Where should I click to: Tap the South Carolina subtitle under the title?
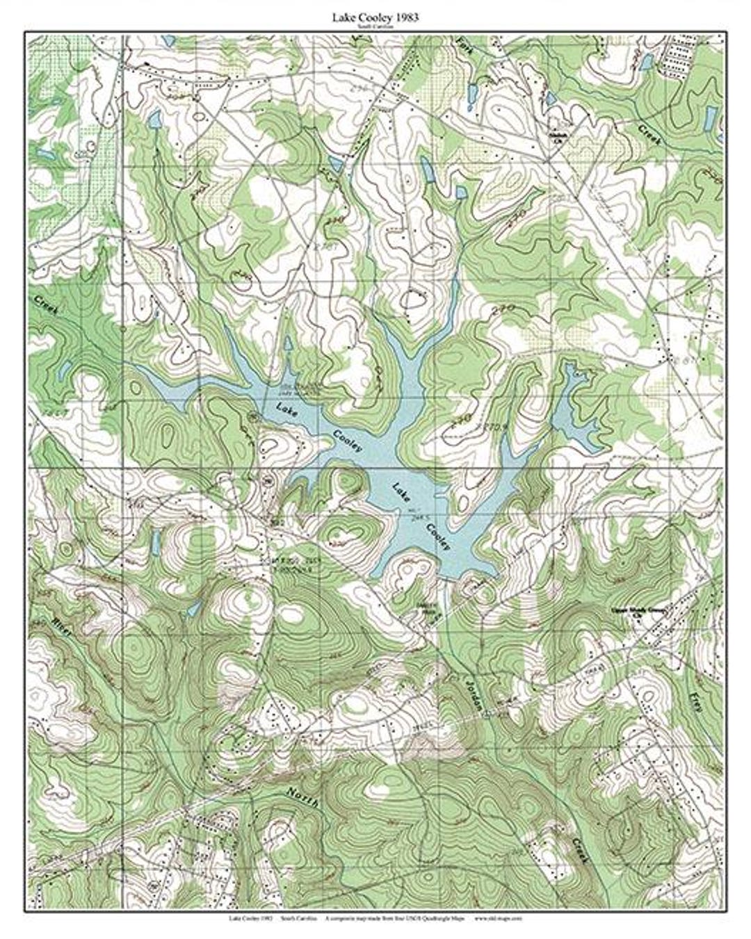(x=375, y=26)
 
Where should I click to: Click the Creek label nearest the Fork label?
(x=652, y=133)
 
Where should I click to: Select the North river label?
(x=302, y=797)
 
